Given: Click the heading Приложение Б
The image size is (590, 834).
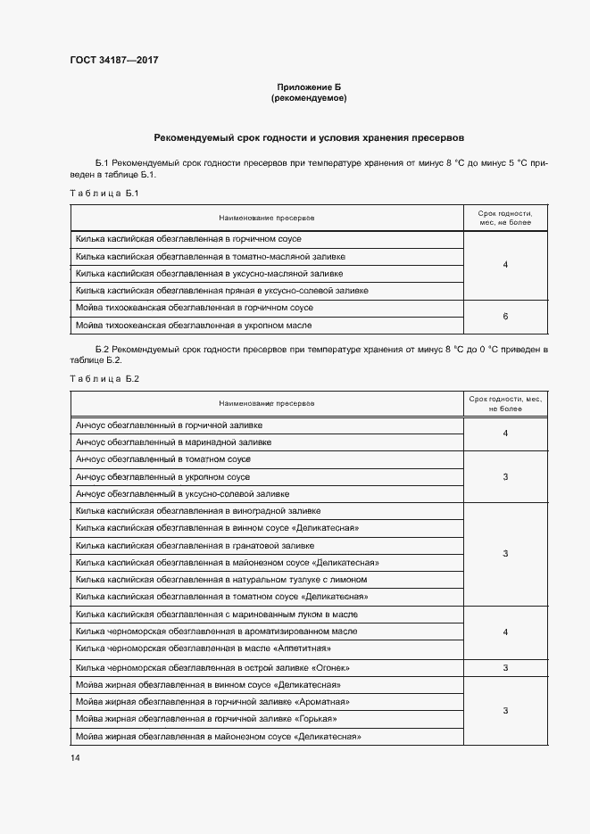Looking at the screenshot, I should (308, 87).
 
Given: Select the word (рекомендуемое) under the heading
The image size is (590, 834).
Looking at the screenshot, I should (308, 98).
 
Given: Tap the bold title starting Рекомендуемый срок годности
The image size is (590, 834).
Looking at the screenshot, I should (308, 138).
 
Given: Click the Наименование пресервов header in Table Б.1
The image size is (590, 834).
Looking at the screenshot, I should (266, 218).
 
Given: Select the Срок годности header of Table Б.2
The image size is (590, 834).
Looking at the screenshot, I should (505, 403).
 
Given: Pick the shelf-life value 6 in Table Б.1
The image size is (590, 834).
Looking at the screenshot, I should (505, 316).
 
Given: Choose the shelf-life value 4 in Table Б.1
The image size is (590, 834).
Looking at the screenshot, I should (505, 265).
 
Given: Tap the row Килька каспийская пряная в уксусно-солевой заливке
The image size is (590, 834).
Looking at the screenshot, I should (222, 291).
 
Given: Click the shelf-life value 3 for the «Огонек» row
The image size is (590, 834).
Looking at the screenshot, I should (505, 667).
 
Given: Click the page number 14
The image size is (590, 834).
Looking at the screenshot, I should (75, 757).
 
